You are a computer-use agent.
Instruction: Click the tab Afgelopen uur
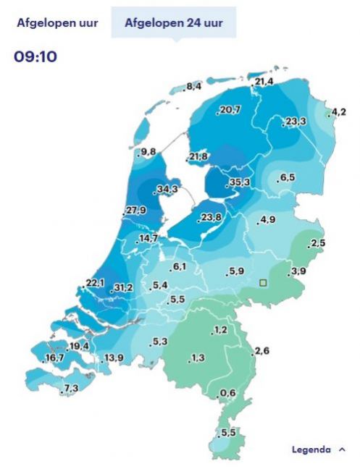57,22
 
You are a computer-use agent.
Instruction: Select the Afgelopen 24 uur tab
173,22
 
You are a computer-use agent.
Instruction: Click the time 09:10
35,56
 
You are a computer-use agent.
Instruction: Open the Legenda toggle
318,449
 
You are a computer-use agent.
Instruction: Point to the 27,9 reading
136,211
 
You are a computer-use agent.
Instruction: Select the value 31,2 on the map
122,288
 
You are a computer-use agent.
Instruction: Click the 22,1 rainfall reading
96,282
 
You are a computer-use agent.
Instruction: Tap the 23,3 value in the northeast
295,121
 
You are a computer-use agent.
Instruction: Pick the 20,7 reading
229,109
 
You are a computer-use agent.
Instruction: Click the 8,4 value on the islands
193,87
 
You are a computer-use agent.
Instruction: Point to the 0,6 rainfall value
227,393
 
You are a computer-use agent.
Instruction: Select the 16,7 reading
54,358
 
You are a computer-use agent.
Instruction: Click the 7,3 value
70,389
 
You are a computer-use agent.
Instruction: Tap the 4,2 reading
338,111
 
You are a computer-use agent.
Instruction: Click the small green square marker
264,283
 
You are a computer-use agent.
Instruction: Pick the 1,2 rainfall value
220,330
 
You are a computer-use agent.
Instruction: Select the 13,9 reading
114,358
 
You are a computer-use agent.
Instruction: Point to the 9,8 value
148,151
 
